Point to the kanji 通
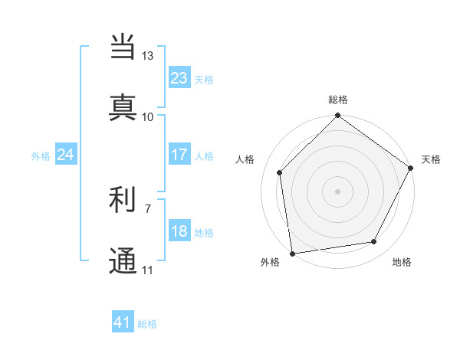(123, 260)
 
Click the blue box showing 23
(179, 78)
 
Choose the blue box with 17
(179, 155)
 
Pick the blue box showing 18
(179, 231)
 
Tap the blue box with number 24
(65, 155)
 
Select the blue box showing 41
(122, 322)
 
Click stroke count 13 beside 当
(148, 56)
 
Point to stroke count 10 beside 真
(148, 116)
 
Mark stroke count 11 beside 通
(148, 270)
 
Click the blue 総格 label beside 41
(147, 324)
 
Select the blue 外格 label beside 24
(41, 156)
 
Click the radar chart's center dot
(337, 191)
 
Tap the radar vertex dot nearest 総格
(337, 116)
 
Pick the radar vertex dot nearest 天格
(411, 169)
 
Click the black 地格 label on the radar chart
(402, 263)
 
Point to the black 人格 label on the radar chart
(245, 159)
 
